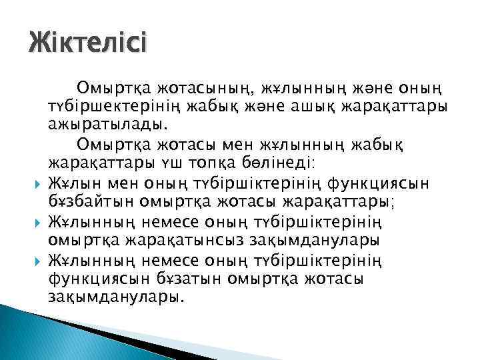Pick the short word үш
(x=190, y=164)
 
